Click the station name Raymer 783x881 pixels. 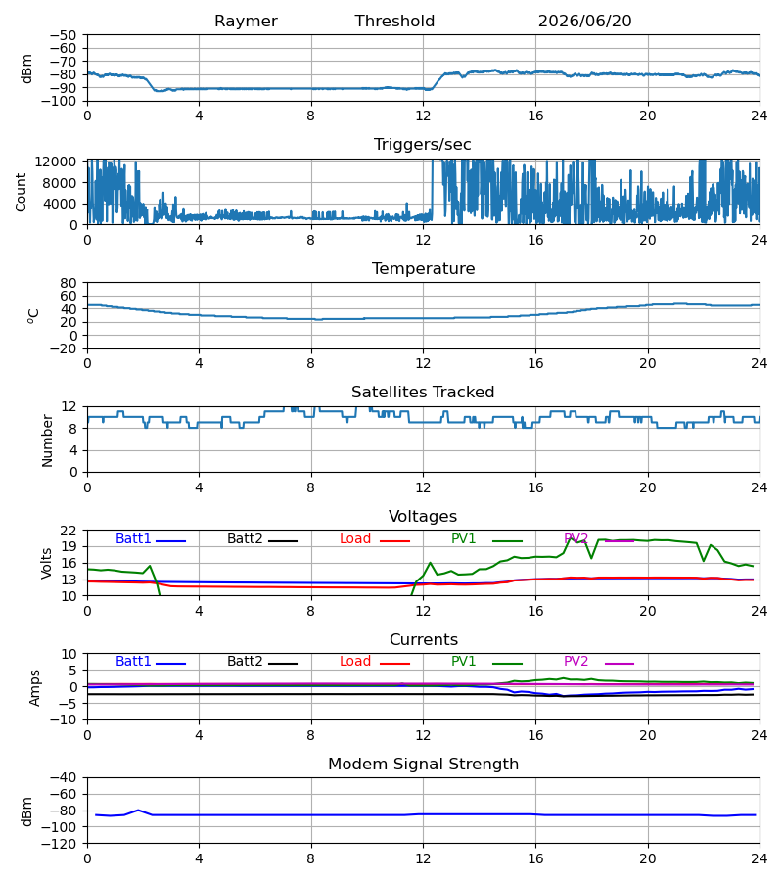click(x=246, y=22)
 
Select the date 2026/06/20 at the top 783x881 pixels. click(x=584, y=22)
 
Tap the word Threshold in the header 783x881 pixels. click(x=394, y=22)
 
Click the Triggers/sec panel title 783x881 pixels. click(x=423, y=145)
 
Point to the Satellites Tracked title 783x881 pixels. click(x=423, y=393)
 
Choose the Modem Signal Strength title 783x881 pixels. click(x=424, y=765)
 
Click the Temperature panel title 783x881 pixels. click(x=423, y=268)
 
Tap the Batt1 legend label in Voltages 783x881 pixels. click(x=133, y=538)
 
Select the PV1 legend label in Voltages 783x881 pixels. click(x=463, y=538)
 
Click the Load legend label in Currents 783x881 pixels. click(x=355, y=662)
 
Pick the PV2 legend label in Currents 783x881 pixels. click(x=576, y=662)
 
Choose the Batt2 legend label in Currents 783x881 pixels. click(x=245, y=662)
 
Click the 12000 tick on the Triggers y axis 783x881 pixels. click(x=56, y=162)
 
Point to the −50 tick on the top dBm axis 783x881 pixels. click(x=63, y=35)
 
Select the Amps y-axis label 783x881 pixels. click(x=35, y=687)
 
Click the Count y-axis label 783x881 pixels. click(x=22, y=192)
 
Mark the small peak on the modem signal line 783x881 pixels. click(x=138, y=811)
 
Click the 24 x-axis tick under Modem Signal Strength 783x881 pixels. click(x=760, y=859)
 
